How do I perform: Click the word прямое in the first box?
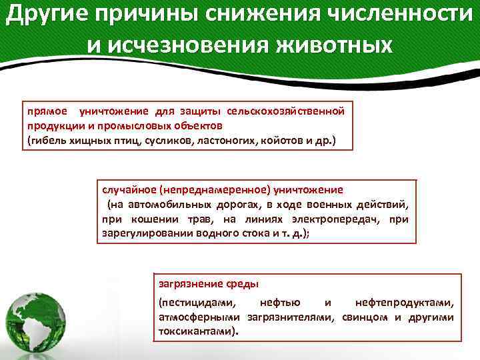coord(45,111)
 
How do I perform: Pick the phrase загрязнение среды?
coord(197,283)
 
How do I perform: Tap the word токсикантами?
coord(196,331)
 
